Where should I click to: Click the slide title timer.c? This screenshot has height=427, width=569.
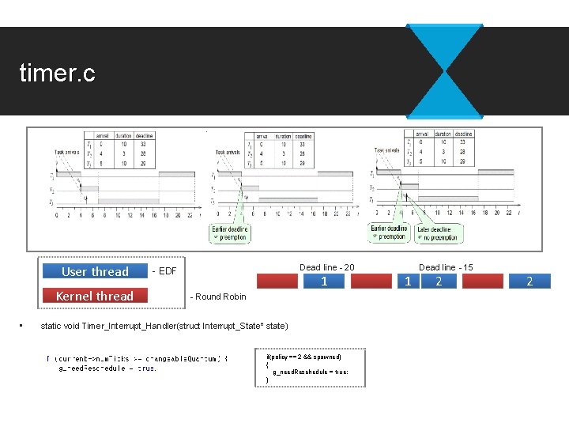[x=57, y=74]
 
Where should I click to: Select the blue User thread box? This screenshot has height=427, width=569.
[x=94, y=271]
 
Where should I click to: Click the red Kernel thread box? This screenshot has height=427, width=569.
[x=94, y=296]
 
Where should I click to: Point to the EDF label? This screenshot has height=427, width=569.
[x=164, y=271]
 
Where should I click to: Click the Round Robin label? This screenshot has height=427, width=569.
[x=218, y=297]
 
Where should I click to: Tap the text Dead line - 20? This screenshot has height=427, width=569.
[x=327, y=267]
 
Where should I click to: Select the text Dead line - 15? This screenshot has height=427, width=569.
[x=446, y=267]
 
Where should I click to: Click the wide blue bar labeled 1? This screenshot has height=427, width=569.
[x=324, y=282]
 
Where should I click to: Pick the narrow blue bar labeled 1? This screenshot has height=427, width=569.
[x=407, y=282]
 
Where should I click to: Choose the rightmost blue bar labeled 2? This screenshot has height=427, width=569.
[x=529, y=282]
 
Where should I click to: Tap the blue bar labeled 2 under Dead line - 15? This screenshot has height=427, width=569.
[x=439, y=282]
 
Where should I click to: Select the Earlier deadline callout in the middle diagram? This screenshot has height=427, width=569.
[x=230, y=232]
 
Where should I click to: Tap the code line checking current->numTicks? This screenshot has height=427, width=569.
[x=138, y=358]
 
